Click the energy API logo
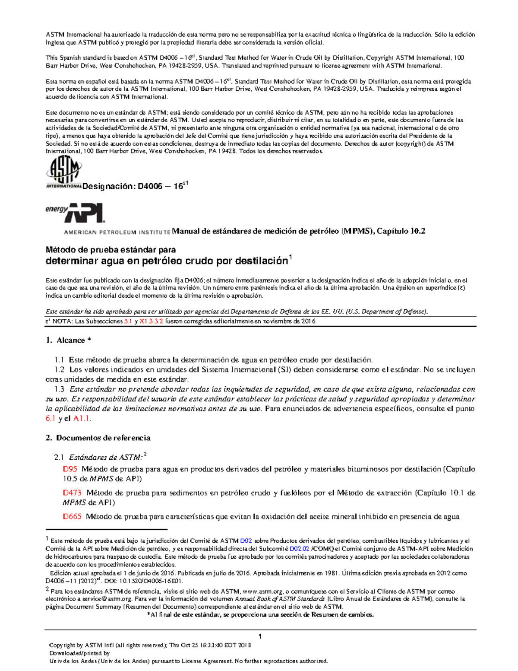tap(75, 212)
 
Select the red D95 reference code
tap(70, 469)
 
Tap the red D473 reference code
tap(72, 493)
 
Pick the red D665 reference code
tap(72, 516)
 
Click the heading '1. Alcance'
tap(69, 340)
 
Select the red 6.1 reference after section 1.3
tap(51, 418)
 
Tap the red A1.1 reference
tap(82, 418)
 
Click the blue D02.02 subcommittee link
tap(299, 549)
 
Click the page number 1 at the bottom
tap(260, 636)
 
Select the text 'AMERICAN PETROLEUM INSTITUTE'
tap(117, 232)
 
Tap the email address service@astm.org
tap(107, 599)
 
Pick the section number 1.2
tap(60, 370)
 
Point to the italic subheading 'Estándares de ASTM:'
tap(106, 457)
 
